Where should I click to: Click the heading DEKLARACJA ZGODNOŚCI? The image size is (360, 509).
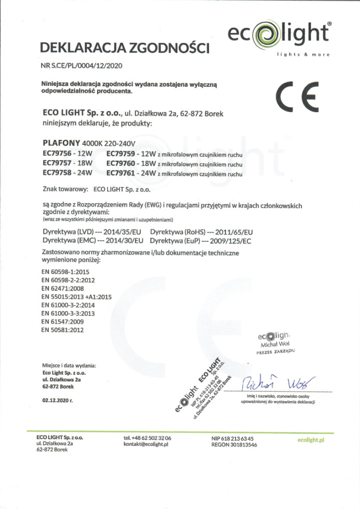pyautogui.click(x=124, y=49)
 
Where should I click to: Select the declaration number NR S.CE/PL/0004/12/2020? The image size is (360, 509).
pyautogui.click(x=82, y=66)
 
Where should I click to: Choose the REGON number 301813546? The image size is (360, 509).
pyautogui.click(x=234, y=444)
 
